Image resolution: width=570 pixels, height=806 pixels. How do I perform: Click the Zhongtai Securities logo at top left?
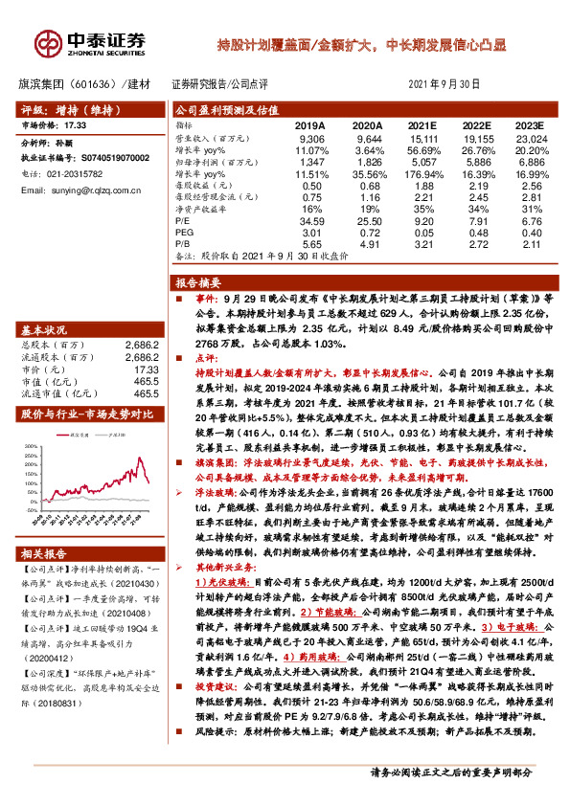click(92, 42)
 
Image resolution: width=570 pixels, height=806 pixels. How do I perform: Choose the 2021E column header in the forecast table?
click(422, 125)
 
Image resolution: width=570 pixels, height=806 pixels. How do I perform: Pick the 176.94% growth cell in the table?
click(422, 176)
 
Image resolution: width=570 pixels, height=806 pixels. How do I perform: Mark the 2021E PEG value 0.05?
click(422, 231)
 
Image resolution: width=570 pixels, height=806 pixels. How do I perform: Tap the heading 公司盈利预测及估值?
click(221, 110)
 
